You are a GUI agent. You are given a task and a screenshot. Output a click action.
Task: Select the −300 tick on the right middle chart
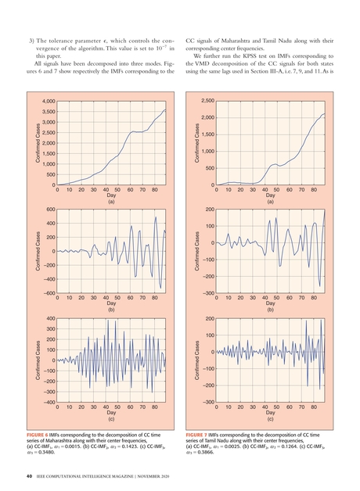tap(207, 293)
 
